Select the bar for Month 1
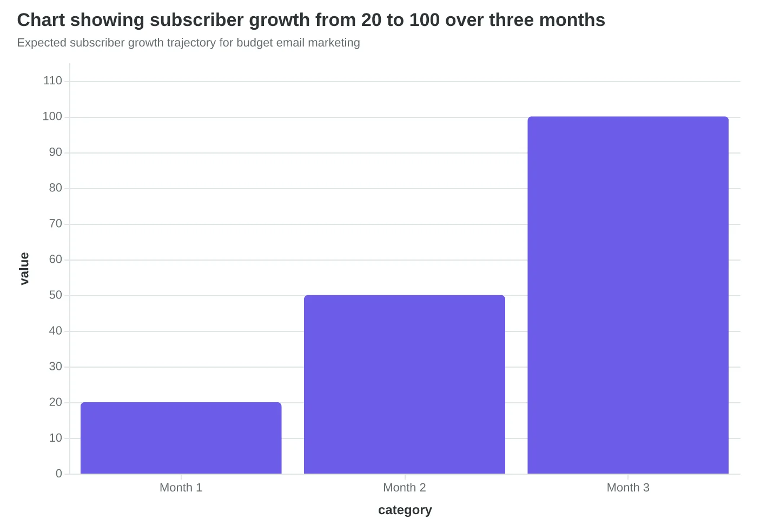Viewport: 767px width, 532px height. point(181,438)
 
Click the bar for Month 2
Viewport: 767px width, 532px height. point(405,384)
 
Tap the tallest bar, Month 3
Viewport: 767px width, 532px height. point(628,295)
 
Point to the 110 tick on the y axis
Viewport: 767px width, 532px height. point(52,81)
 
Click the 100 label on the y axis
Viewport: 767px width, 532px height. point(52,117)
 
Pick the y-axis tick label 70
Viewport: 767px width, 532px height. point(56,224)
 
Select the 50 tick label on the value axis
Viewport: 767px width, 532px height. point(56,295)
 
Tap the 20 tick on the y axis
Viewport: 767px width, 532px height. point(56,402)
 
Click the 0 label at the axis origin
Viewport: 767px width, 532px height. point(59,474)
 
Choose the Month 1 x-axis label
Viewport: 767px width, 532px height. point(181,488)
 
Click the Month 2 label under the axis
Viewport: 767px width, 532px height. point(405,488)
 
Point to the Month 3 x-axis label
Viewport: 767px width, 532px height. point(628,488)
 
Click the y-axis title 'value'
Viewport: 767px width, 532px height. point(24,269)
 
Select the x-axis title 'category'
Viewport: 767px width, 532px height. point(405,510)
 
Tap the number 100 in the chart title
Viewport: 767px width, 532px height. point(424,20)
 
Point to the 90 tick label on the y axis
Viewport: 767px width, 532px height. point(56,152)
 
